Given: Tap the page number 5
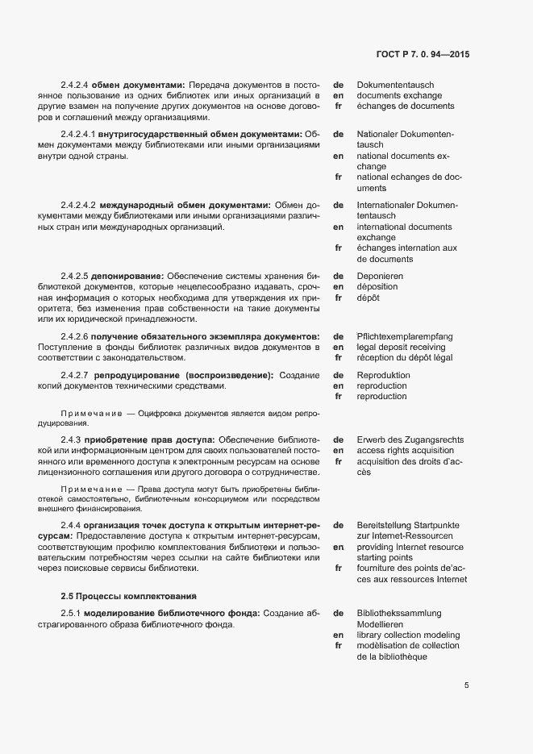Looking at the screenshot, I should [466, 685].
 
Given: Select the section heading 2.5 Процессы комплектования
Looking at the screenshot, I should [128, 596].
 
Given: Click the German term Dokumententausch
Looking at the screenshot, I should [395, 85].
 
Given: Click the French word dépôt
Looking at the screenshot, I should [369, 298].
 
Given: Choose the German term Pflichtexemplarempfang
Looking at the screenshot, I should [404, 336].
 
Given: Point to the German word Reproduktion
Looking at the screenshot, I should [383, 376].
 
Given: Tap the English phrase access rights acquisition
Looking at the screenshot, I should [405, 450].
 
